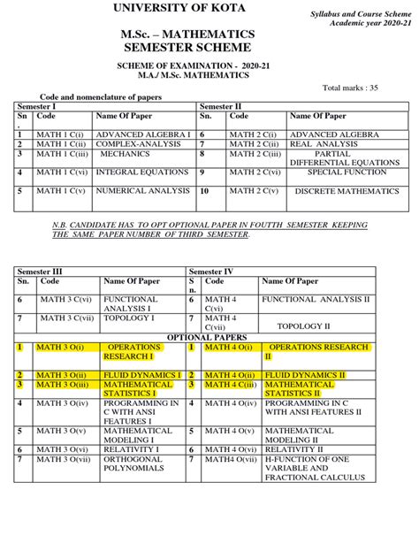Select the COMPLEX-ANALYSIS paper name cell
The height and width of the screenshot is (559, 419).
(133, 143)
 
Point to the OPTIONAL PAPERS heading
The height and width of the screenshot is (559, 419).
(209, 337)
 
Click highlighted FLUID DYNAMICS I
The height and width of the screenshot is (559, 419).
(142, 375)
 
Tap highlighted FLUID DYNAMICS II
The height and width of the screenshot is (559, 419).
(305, 375)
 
